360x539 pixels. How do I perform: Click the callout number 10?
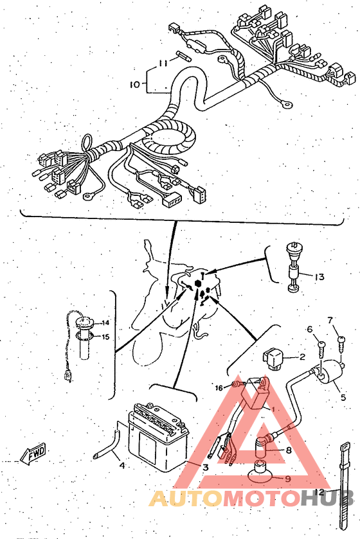135,84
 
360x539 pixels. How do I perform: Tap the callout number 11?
163,63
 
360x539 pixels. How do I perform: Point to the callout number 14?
105,323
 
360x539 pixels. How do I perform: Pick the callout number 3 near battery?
205,467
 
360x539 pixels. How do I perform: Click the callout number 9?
287,478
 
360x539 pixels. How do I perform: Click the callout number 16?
219,388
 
